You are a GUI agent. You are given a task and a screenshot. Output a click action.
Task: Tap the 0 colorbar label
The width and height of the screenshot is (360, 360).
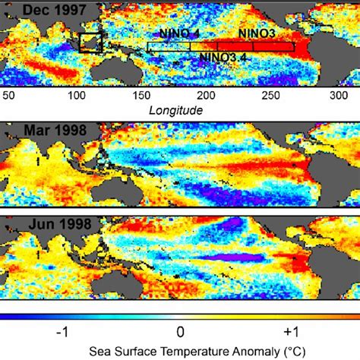180,331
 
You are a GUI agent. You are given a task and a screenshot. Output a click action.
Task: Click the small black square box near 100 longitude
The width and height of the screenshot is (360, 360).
91,43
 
